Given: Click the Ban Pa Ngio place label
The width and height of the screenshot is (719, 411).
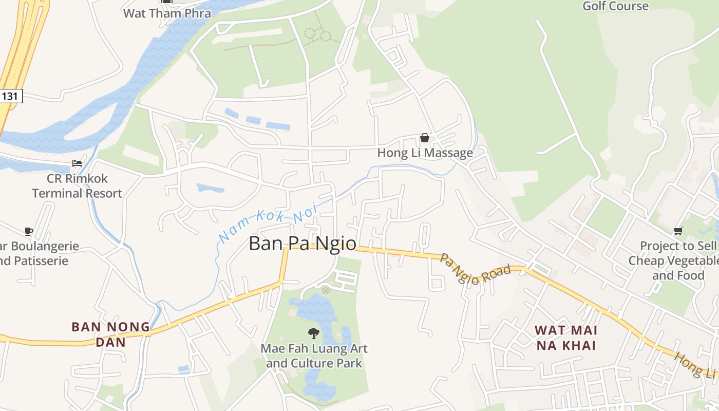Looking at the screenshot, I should tap(302, 243).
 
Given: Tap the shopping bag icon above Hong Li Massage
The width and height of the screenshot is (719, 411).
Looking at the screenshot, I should tap(425, 138).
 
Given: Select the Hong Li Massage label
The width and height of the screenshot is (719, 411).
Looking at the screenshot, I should tap(425, 153).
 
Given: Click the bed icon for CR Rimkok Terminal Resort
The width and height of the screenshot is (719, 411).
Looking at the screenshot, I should tap(77, 163).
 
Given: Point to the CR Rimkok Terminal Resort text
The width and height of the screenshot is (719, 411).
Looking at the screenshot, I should tap(77, 186).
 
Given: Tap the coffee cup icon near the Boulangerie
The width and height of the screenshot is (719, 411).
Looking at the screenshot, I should tap(29, 231).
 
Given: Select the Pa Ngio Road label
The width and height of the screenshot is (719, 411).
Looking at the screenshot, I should tap(475, 268).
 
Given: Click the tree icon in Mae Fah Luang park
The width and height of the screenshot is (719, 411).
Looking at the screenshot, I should tap(313, 333).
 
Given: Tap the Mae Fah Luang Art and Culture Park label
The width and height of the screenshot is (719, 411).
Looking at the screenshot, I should tap(314, 356).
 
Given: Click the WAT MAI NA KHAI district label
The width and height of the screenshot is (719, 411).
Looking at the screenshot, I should tap(566, 338).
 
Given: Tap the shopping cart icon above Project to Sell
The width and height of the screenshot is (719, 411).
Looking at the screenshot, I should tap(678, 231).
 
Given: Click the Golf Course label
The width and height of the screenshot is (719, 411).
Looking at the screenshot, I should tap(615, 6).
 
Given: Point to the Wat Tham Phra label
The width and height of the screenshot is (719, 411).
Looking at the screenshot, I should tap(167, 13).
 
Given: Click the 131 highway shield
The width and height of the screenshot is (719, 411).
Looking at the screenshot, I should tap(10, 96).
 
